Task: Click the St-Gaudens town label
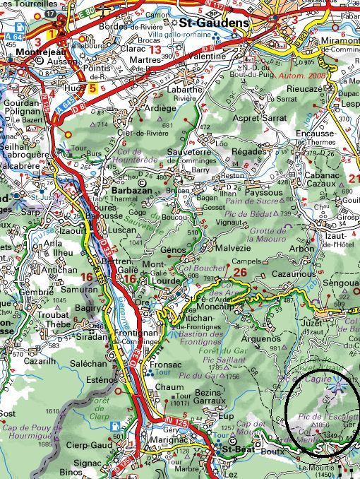217,23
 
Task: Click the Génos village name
174,250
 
